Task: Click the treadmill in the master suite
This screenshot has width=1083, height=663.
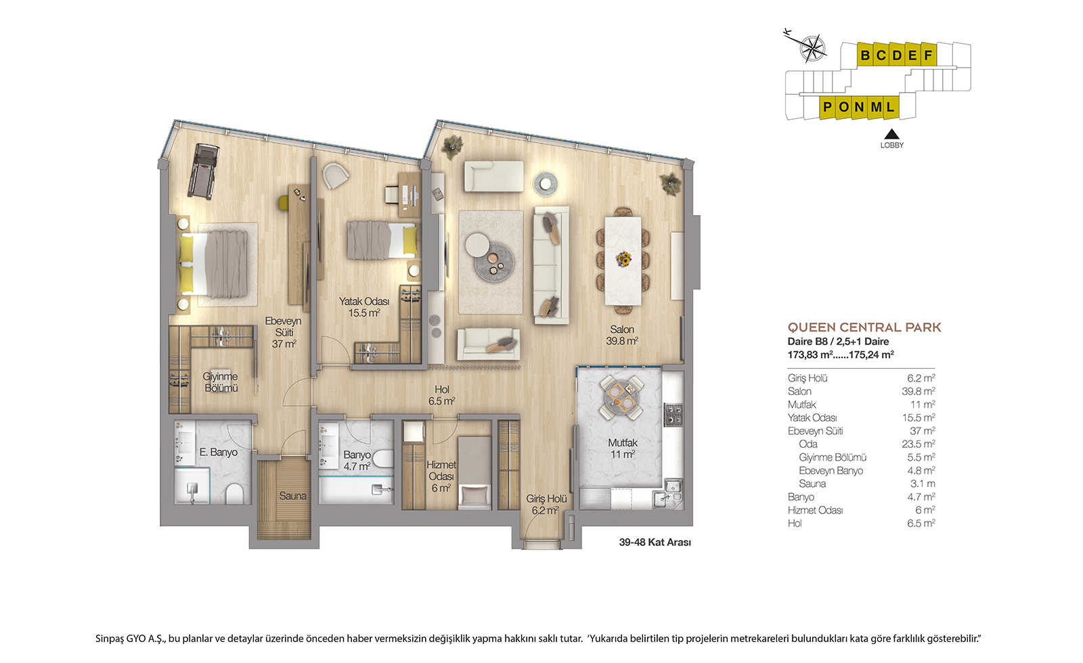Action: [x=204, y=171]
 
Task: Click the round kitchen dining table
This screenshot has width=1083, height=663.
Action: [x=621, y=398]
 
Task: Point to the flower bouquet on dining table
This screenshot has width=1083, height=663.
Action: [x=623, y=259]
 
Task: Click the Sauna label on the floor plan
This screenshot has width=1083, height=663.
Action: [x=292, y=496]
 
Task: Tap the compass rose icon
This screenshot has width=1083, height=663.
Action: [x=813, y=48]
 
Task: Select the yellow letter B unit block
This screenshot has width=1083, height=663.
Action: [x=865, y=55]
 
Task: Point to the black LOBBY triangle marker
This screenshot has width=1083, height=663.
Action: [x=891, y=134]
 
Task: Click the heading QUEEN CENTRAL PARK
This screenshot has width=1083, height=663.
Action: [x=864, y=327]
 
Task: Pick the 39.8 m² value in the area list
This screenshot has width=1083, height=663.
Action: [x=918, y=392]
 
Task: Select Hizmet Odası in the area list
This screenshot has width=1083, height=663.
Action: [x=815, y=510]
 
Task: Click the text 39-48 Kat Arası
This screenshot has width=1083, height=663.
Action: [x=655, y=542]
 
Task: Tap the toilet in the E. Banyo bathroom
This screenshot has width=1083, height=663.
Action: [x=234, y=494]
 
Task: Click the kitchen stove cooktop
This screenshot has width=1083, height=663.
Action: [x=673, y=415]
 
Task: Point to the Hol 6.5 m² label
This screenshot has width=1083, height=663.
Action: [x=442, y=395]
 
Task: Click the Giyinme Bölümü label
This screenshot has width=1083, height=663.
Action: [x=221, y=382]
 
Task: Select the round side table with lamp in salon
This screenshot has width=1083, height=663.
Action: [x=546, y=183]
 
